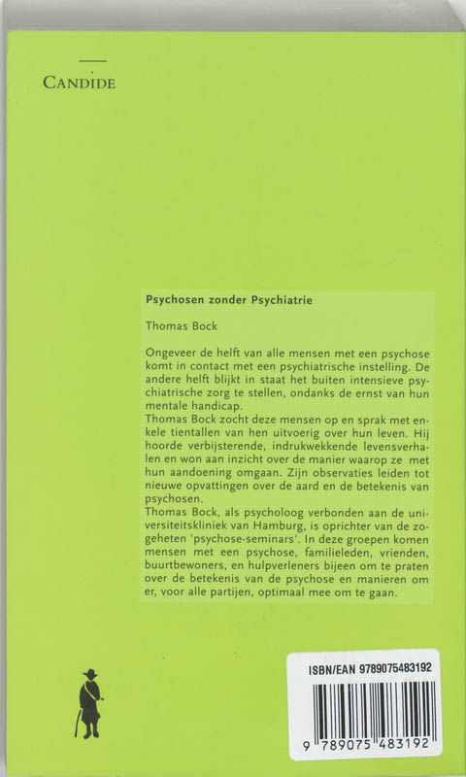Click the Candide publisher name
79,84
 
